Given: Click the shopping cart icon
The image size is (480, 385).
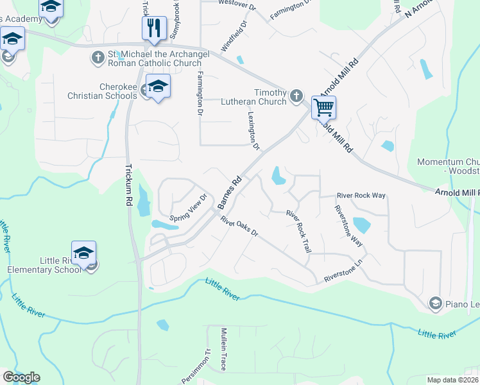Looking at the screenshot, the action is click(325, 107).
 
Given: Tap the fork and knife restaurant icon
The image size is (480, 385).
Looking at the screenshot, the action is click(153, 28).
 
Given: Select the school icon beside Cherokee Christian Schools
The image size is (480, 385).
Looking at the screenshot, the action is click(158, 86).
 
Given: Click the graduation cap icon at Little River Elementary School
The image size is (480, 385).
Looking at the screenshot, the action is click(83, 253).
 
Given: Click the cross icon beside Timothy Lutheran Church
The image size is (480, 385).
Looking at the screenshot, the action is click(296, 96).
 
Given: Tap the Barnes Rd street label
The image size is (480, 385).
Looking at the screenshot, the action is click(228, 192).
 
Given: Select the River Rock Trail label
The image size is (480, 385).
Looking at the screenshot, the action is click(298, 231).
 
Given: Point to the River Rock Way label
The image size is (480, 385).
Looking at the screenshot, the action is click(361, 196).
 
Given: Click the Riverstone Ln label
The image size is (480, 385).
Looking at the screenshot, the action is click(345, 274).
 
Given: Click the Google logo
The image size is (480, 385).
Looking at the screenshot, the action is click(21, 377).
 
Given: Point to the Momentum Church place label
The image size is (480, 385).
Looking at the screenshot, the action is click(448, 167).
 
